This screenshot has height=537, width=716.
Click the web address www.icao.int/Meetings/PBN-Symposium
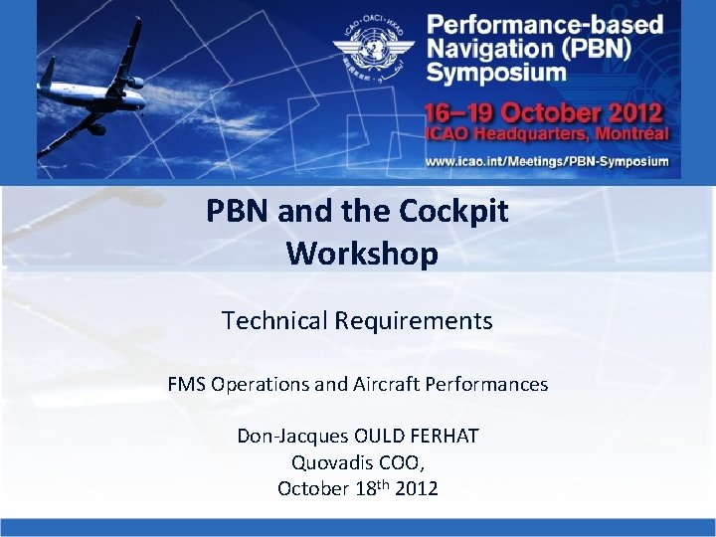547,160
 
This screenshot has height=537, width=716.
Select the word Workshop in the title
362,254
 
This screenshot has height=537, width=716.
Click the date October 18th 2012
357,488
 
